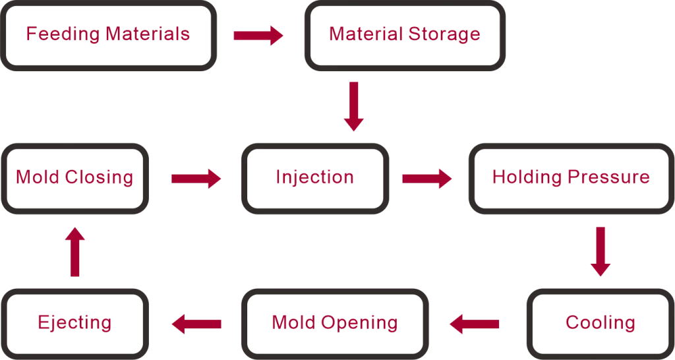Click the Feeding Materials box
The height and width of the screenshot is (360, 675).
(108, 35)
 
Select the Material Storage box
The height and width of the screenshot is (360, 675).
(404, 35)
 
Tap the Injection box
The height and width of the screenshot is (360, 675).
(314, 178)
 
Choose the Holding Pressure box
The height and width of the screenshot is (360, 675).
(571, 178)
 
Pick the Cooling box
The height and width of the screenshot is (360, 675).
(600, 323)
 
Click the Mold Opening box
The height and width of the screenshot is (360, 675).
(334, 323)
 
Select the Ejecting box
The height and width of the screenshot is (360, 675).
(74, 323)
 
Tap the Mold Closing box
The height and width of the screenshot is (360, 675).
(74, 178)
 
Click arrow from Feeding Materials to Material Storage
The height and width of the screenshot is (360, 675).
(258, 35)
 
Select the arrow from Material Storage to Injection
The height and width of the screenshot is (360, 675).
(354, 105)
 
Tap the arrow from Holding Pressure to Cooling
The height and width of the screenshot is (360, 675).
(600, 251)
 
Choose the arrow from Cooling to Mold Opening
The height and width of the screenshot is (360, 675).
(474, 323)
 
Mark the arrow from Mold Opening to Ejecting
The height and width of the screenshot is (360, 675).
(196, 323)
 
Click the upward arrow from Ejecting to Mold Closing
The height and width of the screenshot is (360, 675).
(75, 251)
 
